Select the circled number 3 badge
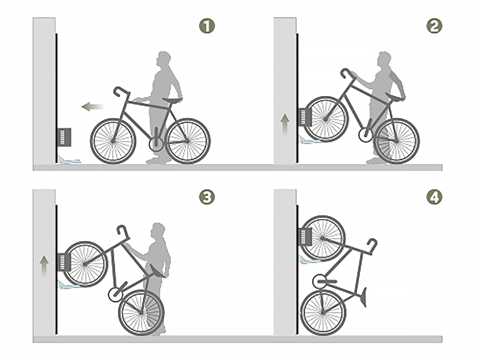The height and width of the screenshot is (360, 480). [207, 197]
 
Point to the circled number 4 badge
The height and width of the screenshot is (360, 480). [434, 197]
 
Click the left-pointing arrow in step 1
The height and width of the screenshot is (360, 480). [92, 107]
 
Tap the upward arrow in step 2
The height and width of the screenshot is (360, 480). [285, 124]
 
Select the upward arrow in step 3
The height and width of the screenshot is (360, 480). [44, 266]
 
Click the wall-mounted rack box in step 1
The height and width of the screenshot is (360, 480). [64, 138]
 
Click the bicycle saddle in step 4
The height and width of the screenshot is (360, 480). [363, 298]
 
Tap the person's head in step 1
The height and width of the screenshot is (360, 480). [164, 58]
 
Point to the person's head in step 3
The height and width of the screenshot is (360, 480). [158, 230]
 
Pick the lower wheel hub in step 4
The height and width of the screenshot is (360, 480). [323, 312]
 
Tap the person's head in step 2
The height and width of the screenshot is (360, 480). [385, 58]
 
